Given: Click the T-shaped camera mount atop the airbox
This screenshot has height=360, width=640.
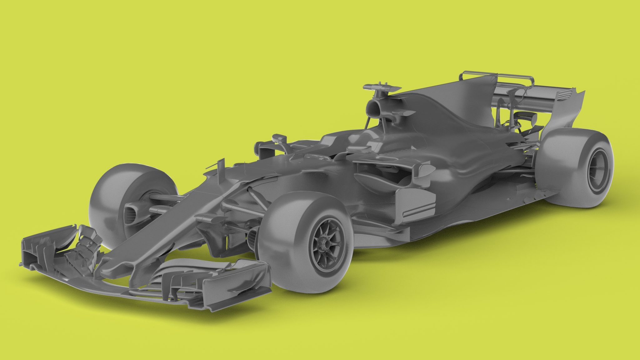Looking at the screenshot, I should click(x=382, y=87).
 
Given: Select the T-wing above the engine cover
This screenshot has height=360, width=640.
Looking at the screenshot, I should click(x=497, y=77).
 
